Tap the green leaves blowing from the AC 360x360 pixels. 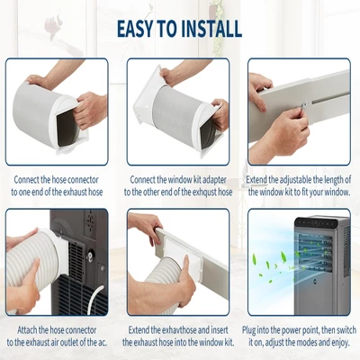pyautogui.click(x=270, y=265)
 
